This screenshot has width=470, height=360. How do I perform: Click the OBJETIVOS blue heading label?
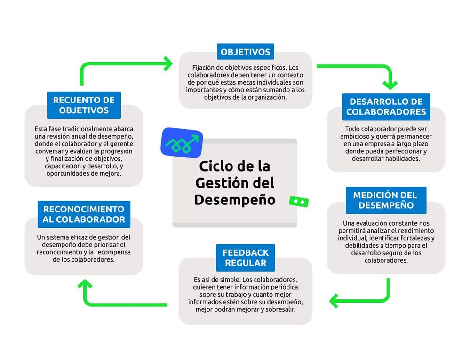pyautogui.click(x=245, y=52)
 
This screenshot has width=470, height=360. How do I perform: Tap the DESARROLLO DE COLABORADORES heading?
pyautogui.click(x=386, y=107)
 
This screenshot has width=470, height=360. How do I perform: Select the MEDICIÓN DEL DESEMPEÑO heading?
pyautogui.click(x=385, y=200)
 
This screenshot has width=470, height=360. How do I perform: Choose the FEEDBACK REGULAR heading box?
pyautogui.click(x=246, y=258)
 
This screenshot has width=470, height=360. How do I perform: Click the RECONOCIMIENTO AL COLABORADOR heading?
pyautogui.click(x=84, y=214)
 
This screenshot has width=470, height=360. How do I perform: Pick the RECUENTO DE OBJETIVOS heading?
pyautogui.click(x=84, y=105)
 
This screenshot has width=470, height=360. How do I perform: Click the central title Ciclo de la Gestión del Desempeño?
pyautogui.click(x=234, y=182)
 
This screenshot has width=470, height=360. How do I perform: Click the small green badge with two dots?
pyautogui.click(x=299, y=201)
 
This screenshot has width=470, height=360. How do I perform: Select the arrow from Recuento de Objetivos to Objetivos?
pyautogui.click(x=122, y=64)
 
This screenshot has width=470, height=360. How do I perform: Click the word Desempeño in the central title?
pyautogui.click(x=234, y=199)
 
